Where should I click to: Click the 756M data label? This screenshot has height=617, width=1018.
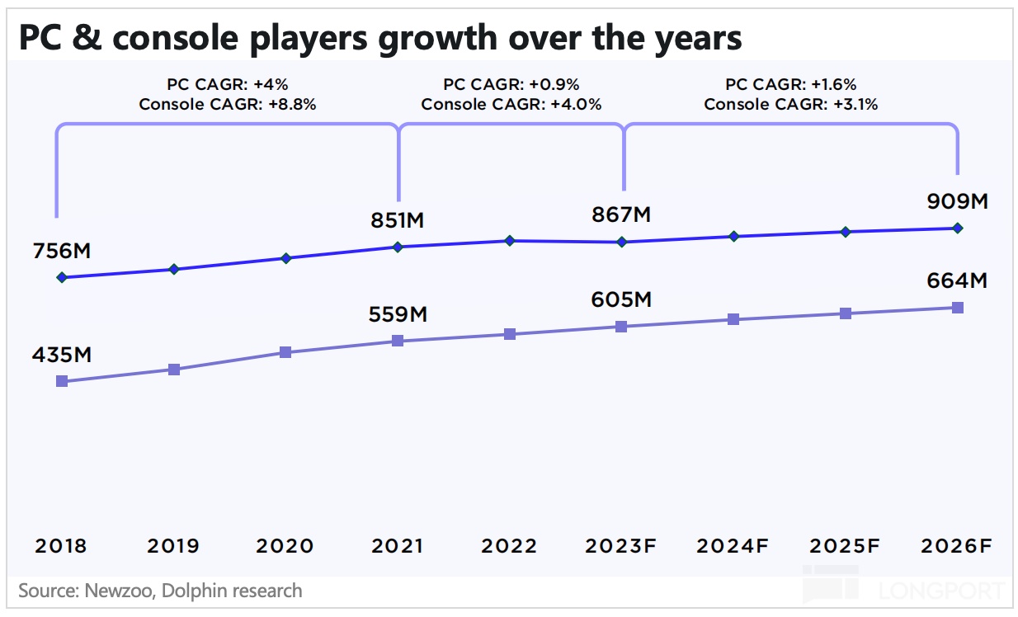click(61, 252)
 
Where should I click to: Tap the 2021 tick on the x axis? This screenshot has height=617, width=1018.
click(398, 546)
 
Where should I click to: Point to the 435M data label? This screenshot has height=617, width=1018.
click(61, 356)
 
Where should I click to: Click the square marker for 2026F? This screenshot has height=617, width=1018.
click(957, 308)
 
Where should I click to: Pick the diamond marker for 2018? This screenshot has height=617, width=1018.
click(61, 277)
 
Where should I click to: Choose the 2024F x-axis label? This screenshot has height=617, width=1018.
click(733, 546)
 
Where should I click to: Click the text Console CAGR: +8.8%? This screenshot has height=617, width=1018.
click(228, 105)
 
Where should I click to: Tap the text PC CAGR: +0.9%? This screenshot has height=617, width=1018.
click(511, 85)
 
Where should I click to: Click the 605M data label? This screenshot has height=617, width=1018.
click(621, 299)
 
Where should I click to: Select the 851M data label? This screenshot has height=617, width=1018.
click(398, 221)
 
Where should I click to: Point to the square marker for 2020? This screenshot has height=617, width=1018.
click(285, 352)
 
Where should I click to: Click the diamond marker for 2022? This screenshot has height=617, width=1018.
click(510, 241)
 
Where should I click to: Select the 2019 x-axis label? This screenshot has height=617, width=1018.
click(173, 546)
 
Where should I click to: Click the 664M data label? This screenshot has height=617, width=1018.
click(957, 280)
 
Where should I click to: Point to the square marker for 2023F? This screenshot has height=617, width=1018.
click(621, 327)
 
